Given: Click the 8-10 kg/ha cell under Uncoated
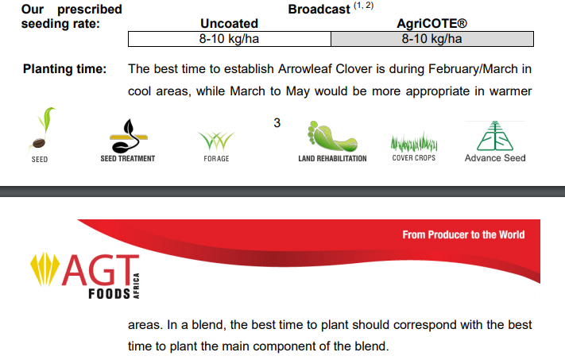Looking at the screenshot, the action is (230, 39).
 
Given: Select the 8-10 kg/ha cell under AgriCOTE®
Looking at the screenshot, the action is (432, 39).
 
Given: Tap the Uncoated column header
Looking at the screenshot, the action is (229, 23).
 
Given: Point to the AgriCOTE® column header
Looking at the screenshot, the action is (431, 23).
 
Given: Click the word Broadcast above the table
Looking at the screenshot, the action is (319, 9).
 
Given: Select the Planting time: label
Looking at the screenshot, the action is (65, 68).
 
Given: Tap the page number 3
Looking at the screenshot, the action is (277, 123).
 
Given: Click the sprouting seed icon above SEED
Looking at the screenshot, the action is (41, 129).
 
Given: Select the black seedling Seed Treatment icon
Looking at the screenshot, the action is (128, 136).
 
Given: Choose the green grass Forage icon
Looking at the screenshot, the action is (216, 141).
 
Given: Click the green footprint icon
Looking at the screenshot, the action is (332, 136).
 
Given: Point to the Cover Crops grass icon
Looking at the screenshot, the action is (414, 142).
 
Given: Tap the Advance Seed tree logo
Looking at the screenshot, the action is (495, 136).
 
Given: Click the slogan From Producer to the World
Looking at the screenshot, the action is (463, 234).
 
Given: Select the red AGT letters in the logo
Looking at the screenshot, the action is (100, 270).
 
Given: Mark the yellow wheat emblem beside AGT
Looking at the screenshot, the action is (45, 269).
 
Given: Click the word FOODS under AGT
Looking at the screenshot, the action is (109, 294).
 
